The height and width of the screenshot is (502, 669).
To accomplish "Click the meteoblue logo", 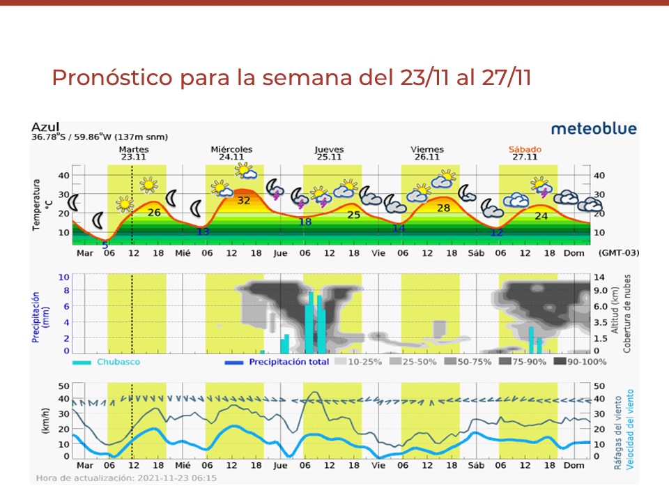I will [593, 129].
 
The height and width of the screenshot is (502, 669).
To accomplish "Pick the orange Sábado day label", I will [525, 153].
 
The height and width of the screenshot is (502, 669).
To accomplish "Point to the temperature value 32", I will [244, 200].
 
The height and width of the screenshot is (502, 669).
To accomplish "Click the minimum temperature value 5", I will [105, 245].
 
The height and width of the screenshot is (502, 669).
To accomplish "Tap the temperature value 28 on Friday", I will [443, 208].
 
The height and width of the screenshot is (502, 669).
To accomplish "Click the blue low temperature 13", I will [203, 231].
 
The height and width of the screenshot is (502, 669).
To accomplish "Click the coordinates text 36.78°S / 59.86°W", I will [99, 137].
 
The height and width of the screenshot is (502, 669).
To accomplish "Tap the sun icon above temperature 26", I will [148, 185].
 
